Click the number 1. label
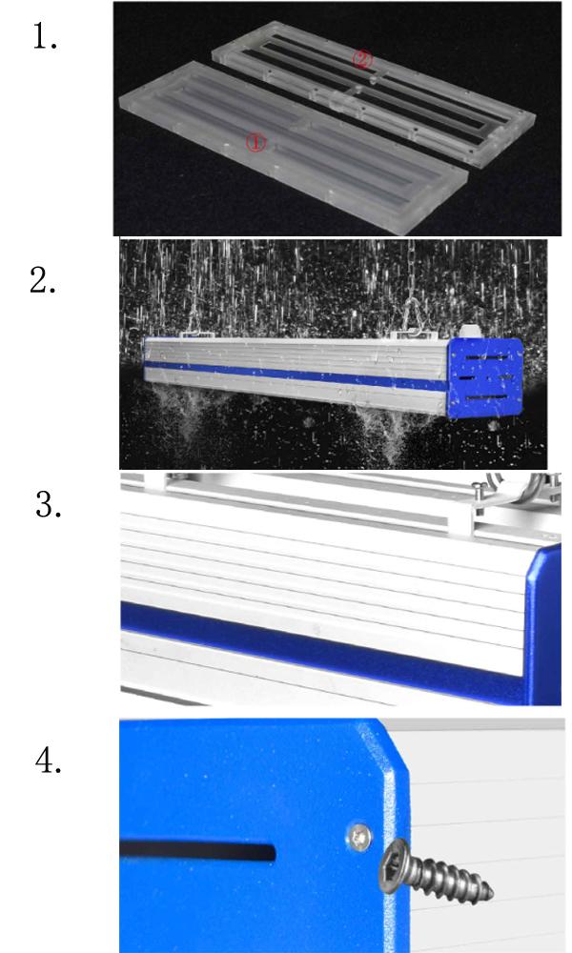click(x=45, y=38)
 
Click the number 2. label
click(x=43, y=281)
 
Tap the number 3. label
click(x=49, y=504)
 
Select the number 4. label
click(x=49, y=760)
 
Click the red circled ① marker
click(x=255, y=144)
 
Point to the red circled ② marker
click(x=362, y=59)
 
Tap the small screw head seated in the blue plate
click(x=359, y=838)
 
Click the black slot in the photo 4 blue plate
click(x=197, y=851)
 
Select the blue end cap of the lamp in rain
click(x=485, y=377)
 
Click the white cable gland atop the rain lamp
click(x=467, y=332)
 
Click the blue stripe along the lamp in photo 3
click(x=322, y=645)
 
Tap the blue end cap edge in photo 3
click(x=542, y=625)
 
